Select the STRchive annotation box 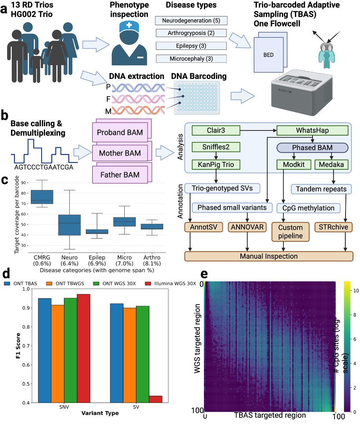[x=332, y=227]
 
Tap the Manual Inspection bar [x=269, y=256]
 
